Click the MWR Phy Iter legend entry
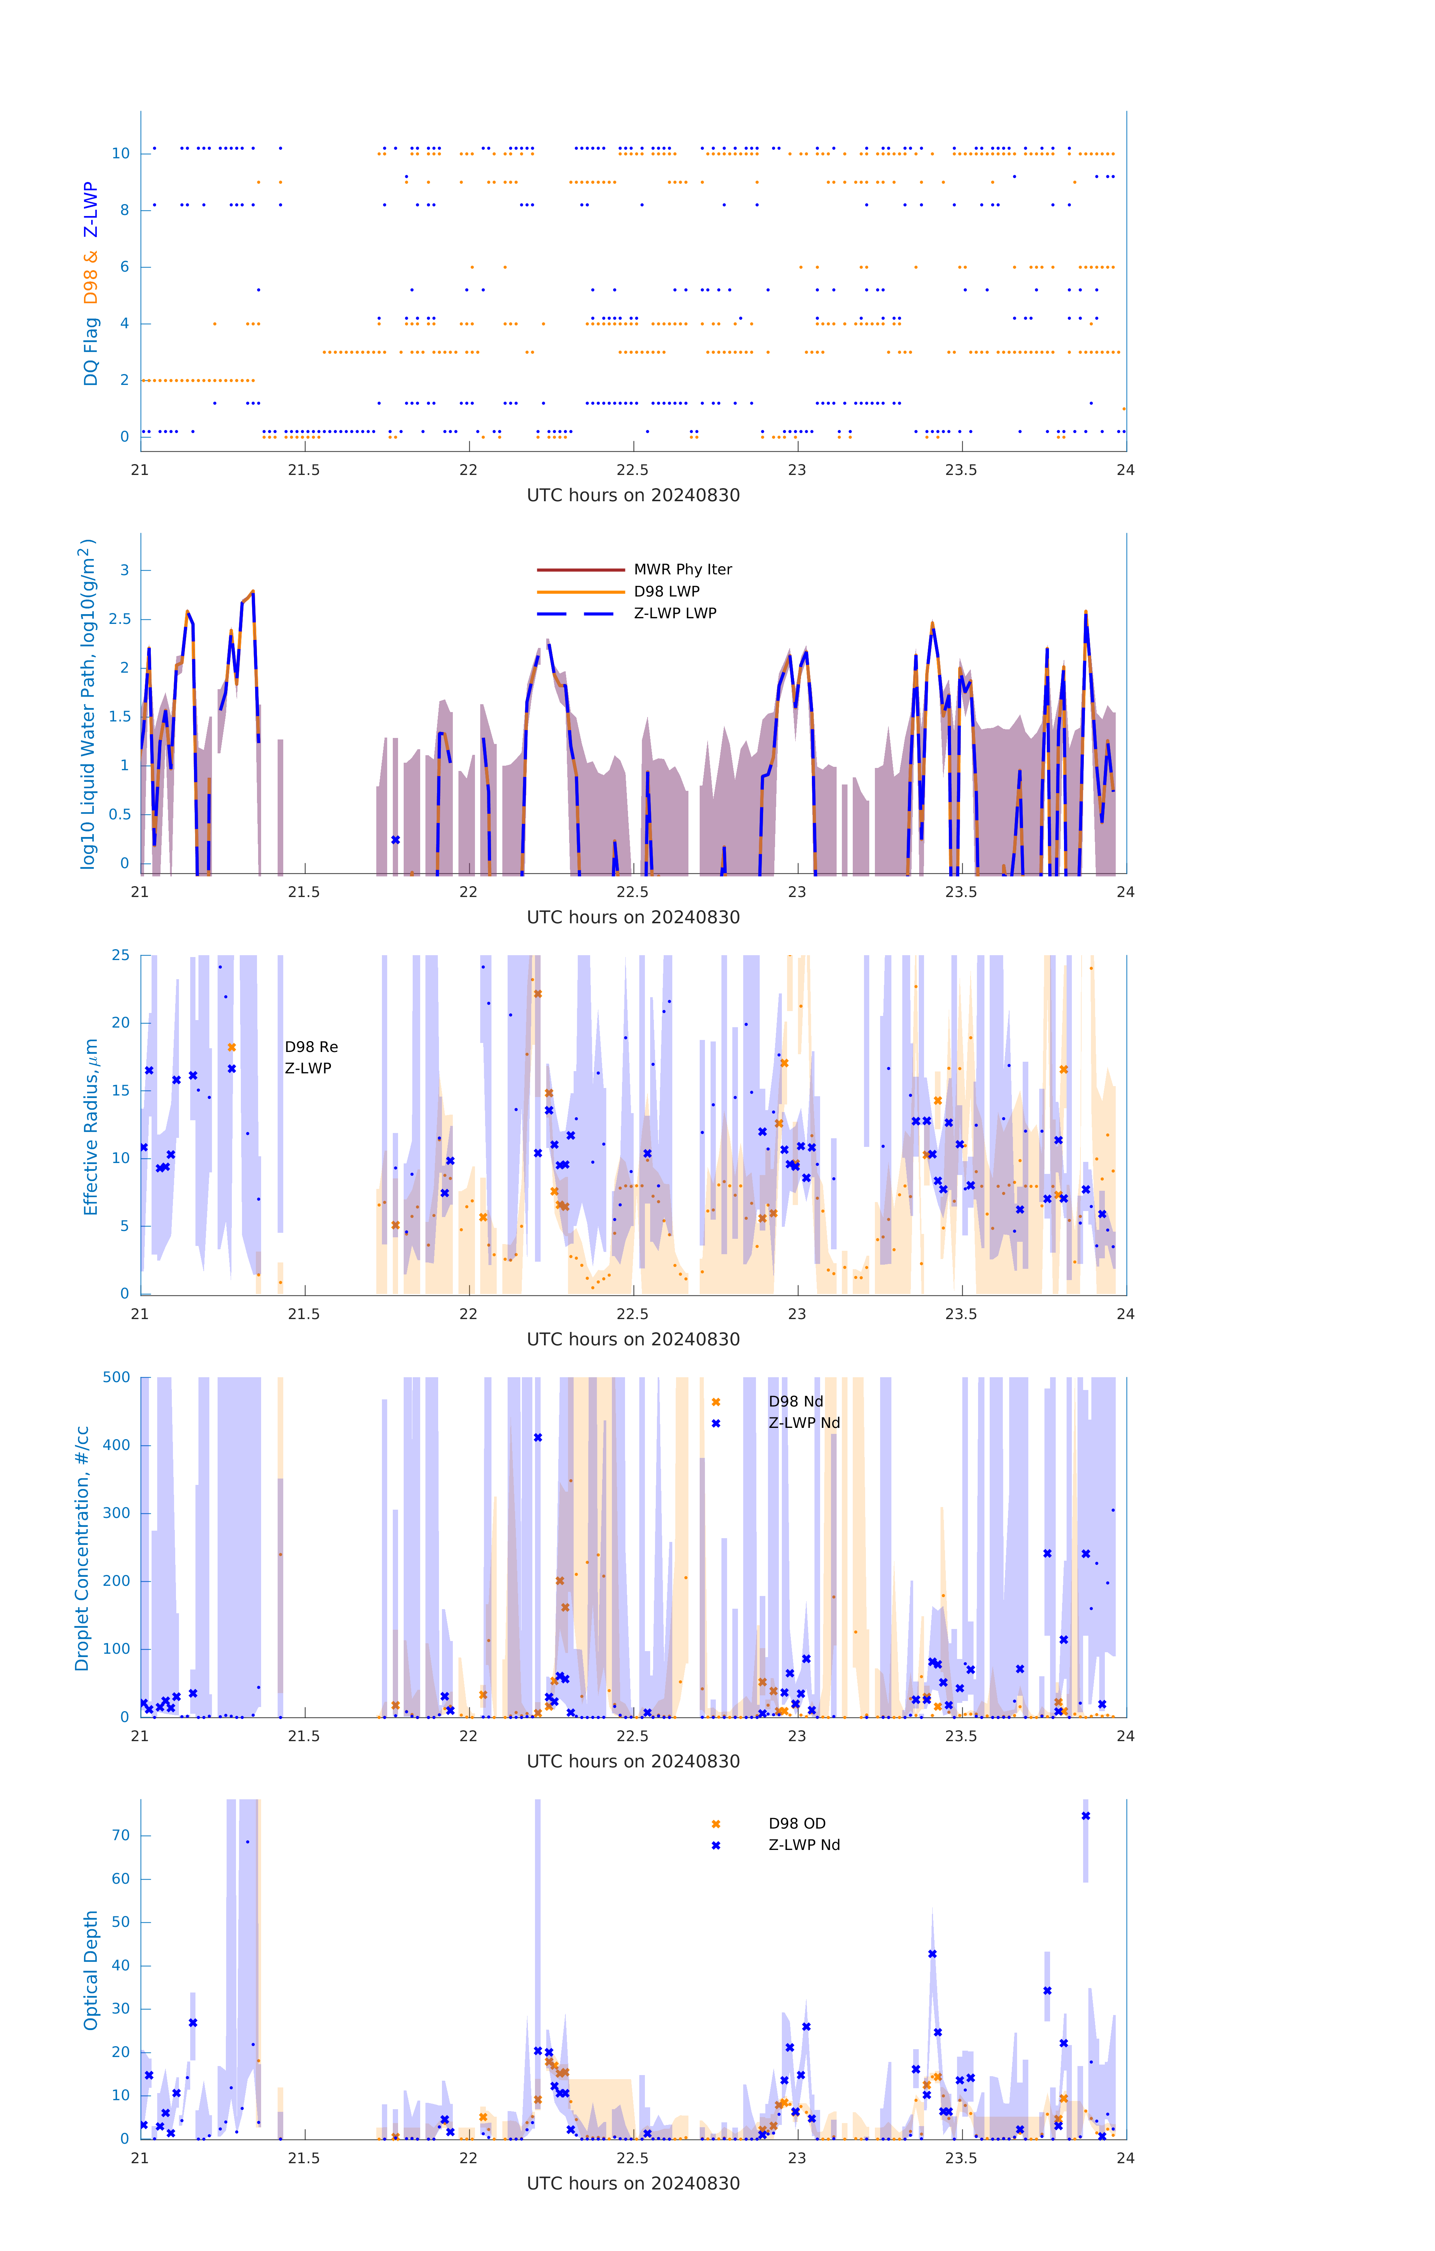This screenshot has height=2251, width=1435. tap(682, 569)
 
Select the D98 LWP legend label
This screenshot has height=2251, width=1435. tap(667, 591)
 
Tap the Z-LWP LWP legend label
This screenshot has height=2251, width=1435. tap(675, 613)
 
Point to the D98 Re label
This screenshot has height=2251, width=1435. tap(311, 1047)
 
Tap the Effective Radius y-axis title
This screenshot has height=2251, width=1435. tap(91, 1126)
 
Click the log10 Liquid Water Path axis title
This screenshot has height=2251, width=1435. tap(87, 704)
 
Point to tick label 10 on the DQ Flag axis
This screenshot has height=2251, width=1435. tap(120, 153)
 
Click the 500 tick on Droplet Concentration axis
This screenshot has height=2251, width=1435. tap(117, 1377)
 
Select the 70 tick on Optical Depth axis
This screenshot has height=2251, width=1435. tap(120, 1835)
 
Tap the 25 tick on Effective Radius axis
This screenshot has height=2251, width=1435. tap(120, 956)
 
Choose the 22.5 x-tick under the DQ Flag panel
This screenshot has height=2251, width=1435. tap(633, 469)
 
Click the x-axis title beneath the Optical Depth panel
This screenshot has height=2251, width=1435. tap(633, 2184)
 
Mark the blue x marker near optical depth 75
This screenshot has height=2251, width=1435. tap(1085, 1816)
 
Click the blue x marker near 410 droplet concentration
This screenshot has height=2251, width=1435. tap(538, 1438)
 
